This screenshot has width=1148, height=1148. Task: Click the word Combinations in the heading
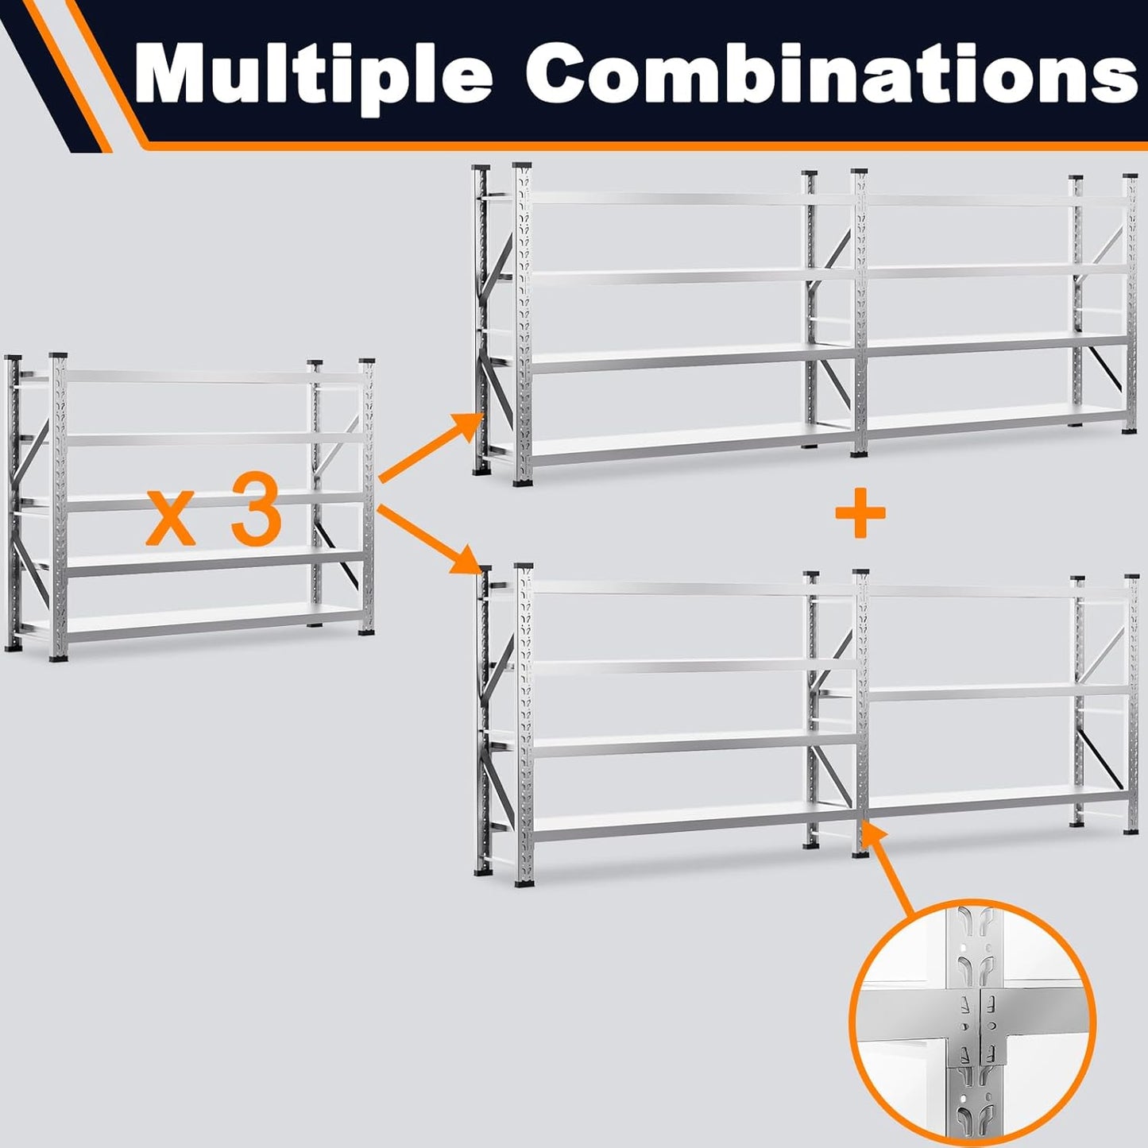(830, 75)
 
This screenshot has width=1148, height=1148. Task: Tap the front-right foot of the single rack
(366, 631)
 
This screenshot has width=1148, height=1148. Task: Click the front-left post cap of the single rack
(57, 357)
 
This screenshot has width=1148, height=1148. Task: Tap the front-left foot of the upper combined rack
(522, 481)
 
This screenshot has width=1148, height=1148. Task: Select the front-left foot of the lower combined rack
(522, 881)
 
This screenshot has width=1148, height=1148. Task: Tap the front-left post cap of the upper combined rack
(522, 166)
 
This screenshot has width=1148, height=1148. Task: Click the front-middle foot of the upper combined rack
(859, 454)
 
